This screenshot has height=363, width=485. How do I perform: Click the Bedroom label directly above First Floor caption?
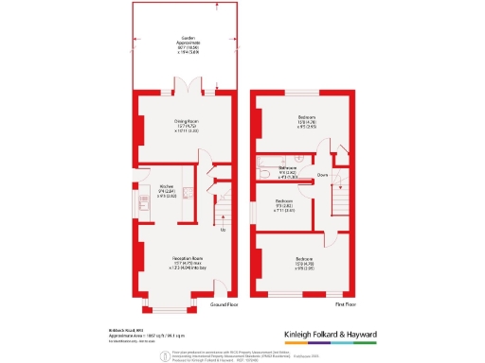(x=305, y=263)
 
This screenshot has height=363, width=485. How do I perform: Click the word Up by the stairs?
(x=223, y=230)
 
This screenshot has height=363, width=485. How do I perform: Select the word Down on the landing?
(x=322, y=176)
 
